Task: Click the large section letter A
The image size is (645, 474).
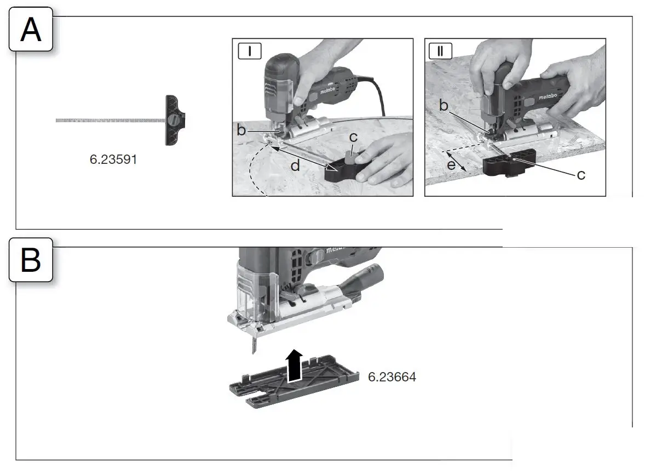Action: pyautogui.click(x=31, y=30)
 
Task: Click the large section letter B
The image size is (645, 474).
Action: pyautogui.click(x=31, y=260)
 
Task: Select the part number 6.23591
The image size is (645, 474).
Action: pyautogui.click(x=113, y=160)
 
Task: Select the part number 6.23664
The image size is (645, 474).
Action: pyautogui.click(x=391, y=377)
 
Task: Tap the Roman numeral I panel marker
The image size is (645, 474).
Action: pyautogui.click(x=250, y=51)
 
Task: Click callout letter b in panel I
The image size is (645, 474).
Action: pyautogui.click(x=241, y=130)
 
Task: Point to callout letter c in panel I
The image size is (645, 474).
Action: pyautogui.click(x=353, y=138)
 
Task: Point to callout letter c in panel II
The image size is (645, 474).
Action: pyautogui.click(x=580, y=175)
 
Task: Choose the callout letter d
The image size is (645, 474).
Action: pyautogui.click(x=295, y=165)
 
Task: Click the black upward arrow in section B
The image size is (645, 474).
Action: pyautogui.click(x=294, y=364)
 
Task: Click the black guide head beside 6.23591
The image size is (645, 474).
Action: pyautogui.click(x=175, y=119)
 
